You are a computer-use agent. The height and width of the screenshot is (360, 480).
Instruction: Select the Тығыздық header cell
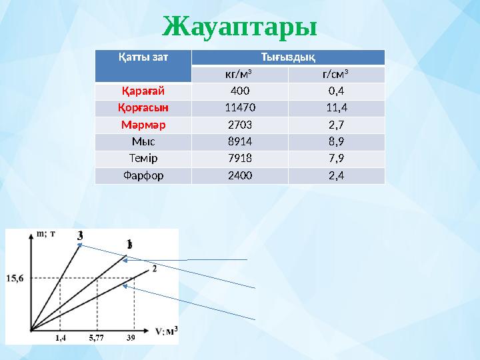[288, 57]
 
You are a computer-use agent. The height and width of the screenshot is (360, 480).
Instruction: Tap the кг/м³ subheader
[239, 74]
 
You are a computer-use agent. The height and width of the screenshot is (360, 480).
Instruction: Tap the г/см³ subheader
[336, 74]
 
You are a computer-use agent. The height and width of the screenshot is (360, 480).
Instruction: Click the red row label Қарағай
[142, 91]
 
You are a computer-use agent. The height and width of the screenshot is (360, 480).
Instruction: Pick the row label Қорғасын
[143, 107]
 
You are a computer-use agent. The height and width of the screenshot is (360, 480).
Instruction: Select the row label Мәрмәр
[143, 125]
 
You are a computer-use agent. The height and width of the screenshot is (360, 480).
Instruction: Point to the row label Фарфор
[143, 175]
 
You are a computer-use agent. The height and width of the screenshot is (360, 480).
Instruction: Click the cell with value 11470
[239, 107]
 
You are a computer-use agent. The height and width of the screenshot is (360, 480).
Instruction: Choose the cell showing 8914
[239, 141]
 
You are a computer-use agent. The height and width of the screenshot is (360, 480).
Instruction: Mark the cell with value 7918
[239, 159]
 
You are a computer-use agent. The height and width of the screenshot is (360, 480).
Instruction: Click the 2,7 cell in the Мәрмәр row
[336, 125]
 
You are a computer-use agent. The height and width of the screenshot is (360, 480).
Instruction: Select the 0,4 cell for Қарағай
[336, 91]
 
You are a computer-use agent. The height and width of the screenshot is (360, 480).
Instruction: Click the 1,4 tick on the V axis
[60, 338]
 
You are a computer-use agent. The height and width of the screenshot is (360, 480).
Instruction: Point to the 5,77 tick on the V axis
[97, 338]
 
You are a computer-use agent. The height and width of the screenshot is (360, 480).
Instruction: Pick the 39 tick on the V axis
[131, 338]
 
